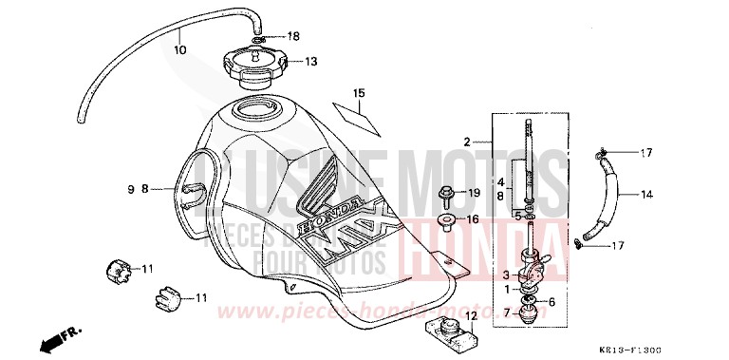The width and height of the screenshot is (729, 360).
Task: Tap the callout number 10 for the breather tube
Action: tap(180, 49)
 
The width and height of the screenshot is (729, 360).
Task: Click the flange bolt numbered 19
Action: tap(446, 195)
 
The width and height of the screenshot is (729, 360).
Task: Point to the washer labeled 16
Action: tap(445, 221)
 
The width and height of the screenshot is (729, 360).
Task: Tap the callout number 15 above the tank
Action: tap(359, 93)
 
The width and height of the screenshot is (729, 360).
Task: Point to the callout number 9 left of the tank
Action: tap(131, 189)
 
